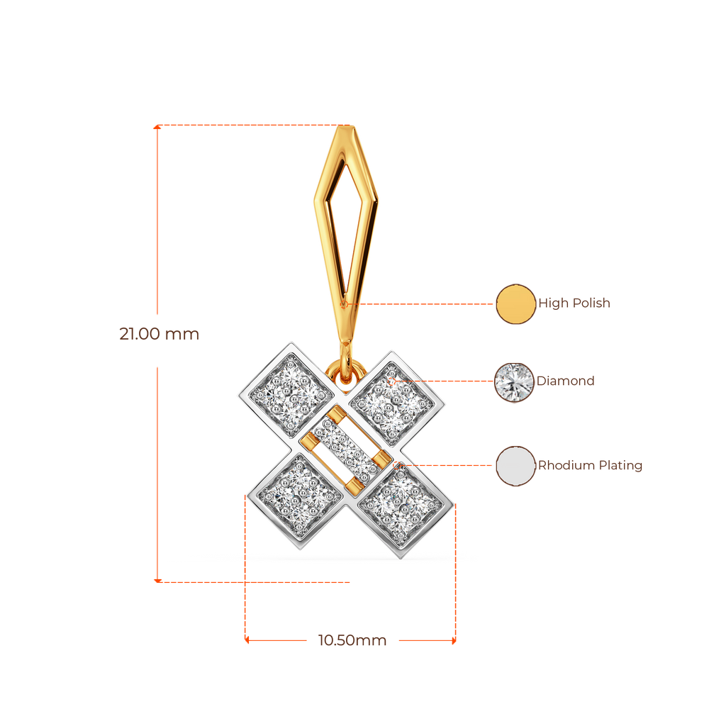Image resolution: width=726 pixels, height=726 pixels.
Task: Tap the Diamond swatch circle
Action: tap(515, 382)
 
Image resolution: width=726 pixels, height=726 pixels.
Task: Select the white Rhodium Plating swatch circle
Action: tap(515, 467)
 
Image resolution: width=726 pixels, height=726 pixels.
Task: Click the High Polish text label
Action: tap(575, 304)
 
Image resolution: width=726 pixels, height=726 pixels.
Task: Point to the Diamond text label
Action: tap(566, 381)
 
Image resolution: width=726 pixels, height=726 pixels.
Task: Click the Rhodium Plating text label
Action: tap(591, 466)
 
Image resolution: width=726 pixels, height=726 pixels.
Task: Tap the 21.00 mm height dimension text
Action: tap(160, 334)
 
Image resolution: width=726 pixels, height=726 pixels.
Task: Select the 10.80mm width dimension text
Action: tap(352, 641)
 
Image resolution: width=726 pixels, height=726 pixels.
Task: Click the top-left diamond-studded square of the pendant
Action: tap(289, 389)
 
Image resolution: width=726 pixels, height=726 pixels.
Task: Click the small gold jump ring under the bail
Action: tap(345, 370)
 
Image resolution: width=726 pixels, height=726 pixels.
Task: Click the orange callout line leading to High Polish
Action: tap(425, 303)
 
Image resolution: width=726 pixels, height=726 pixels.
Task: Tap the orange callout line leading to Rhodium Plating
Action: tap(447, 466)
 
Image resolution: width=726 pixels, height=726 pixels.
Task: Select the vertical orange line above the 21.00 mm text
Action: tap(157, 220)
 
